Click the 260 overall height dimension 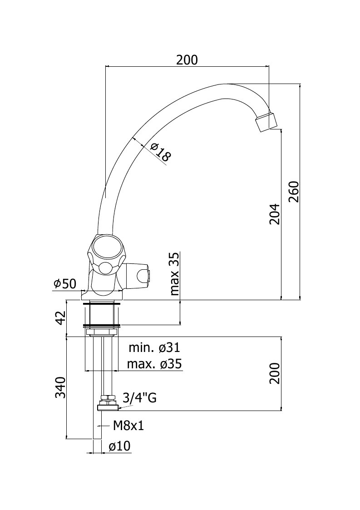[x=294, y=192]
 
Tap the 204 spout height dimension [x=275, y=214]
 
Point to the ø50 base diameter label [x=65, y=284]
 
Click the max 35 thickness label [x=175, y=273]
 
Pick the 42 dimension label [x=60, y=318]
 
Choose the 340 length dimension [x=60, y=388]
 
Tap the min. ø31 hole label [x=154, y=348]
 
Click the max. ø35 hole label [x=154, y=364]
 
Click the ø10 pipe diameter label [x=120, y=446]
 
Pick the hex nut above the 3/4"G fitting [x=108, y=397]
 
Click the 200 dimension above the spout [x=187, y=60]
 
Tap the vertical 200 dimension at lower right [x=275, y=373]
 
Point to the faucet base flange [x=102, y=295]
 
